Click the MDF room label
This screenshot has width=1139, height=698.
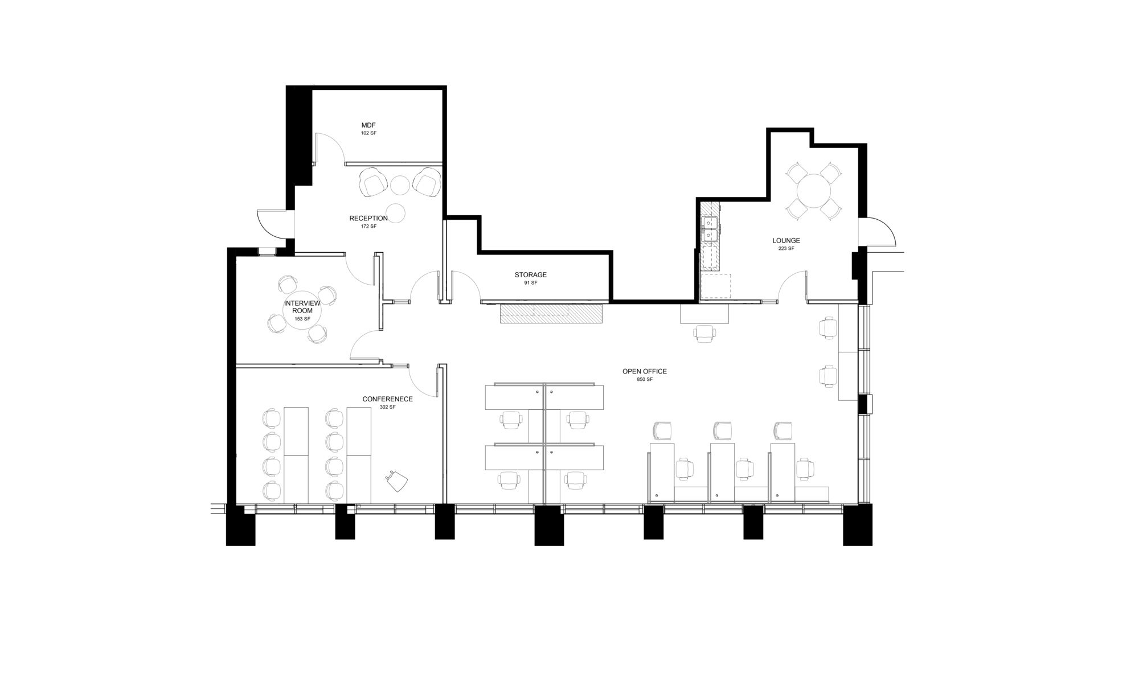tap(368, 125)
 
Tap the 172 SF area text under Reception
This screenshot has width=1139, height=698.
tap(368, 226)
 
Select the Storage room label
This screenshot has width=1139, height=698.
tap(530, 274)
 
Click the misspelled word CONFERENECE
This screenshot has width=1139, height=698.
tap(387, 399)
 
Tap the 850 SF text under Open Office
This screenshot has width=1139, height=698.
tap(645, 379)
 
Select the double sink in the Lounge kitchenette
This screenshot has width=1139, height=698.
tap(710, 228)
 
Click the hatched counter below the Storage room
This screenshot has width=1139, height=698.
tap(551, 314)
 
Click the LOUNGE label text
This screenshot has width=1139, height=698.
tap(786, 240)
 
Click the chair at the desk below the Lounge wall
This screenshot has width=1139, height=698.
tap(704, 334)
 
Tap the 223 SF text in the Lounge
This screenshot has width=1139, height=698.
tap(786, 248)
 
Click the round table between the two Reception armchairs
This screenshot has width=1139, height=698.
tap(400, 184)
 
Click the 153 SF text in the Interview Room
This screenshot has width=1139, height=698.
tap(302, 319)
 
